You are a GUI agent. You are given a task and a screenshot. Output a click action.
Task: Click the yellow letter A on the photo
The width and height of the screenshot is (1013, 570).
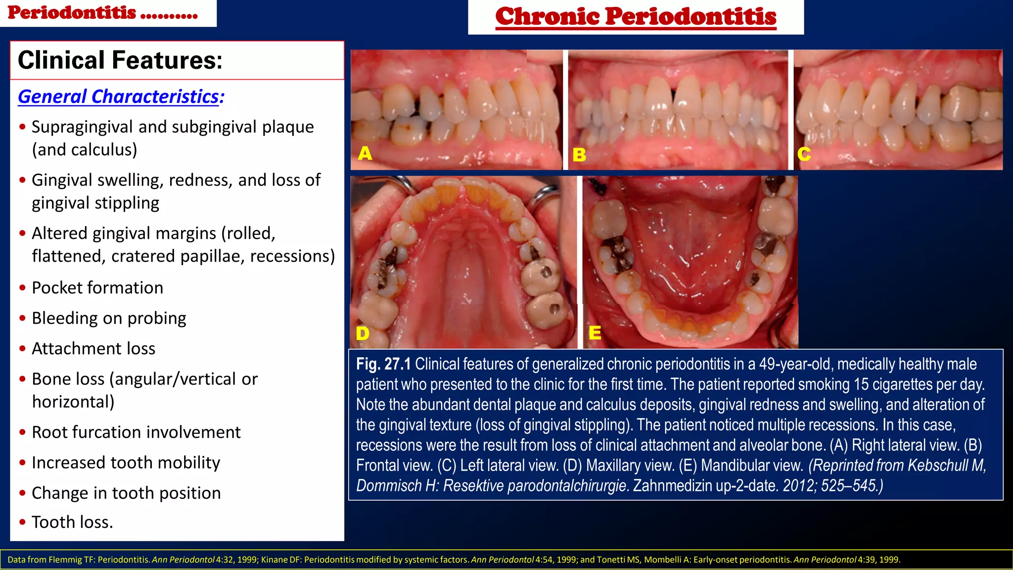coord(365,153)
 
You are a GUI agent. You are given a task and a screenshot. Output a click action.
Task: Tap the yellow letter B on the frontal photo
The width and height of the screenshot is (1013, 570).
coord(579,155)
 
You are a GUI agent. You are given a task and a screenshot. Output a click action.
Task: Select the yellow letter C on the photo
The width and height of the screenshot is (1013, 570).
coord(804,154)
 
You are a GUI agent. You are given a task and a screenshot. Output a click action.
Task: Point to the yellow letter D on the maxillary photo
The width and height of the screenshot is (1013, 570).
coord(363,333)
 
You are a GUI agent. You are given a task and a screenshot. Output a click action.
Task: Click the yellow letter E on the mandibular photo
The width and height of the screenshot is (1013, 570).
coord(595,332)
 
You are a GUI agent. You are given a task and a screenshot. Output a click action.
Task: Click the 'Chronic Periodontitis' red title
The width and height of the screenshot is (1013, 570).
coord(636,16)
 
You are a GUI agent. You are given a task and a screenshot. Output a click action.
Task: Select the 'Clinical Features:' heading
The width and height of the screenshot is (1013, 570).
coord(120,60)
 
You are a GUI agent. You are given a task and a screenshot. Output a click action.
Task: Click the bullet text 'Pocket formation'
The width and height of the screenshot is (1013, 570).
coord(97,287)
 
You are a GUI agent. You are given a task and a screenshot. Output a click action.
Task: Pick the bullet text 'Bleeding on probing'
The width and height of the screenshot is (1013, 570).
coord(109,318)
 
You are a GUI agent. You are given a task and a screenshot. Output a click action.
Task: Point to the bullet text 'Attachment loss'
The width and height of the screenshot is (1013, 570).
coord(93,349)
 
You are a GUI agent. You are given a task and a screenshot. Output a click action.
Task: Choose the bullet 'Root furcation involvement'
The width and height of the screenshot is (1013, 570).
coord(136,432)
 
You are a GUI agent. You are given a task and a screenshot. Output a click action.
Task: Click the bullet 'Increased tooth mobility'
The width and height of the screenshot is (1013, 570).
coord(126,463)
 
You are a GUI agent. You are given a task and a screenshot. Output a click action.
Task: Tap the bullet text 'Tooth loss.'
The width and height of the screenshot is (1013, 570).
coord(72,522)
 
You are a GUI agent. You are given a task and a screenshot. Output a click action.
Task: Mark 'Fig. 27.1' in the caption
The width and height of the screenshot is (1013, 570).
coord(383,364)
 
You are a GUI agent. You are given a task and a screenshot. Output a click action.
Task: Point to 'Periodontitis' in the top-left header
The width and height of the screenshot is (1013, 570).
coord(72,12)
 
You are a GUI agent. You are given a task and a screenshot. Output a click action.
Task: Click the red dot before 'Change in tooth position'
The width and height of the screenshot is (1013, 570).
coord(22,493)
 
